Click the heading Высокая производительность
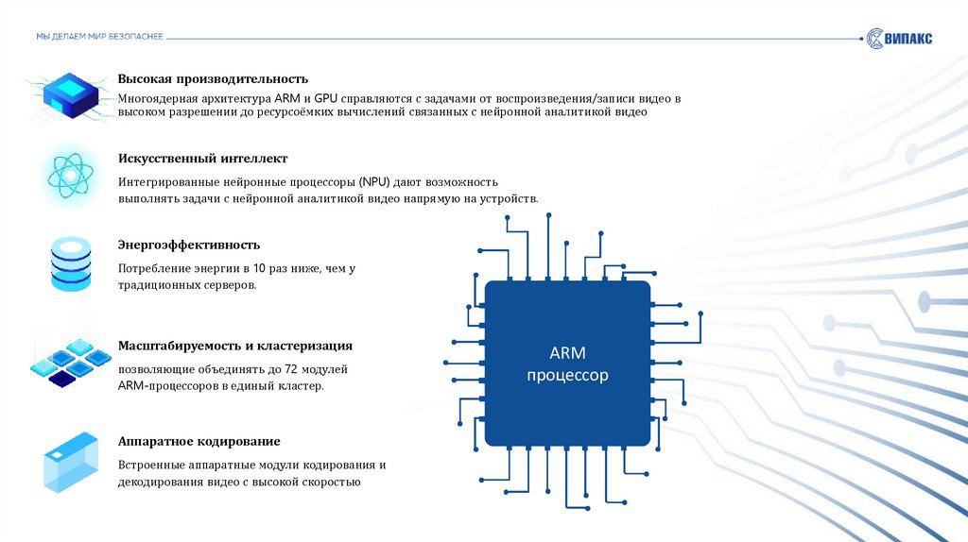pyautogui.click(x=213, y=78)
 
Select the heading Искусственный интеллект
pyautogui.click(x=202, y=159)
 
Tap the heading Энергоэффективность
pyautogui.click(x=189, y=246)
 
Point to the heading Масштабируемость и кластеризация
pyautogui.click(x=235, y=346)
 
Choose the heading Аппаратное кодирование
pyautogui.click(x=199, y=442)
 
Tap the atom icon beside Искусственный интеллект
pyautogui.click(x=68, y=173)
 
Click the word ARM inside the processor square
pyautogui.click(x=567, y=353)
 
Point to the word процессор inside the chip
pyautogui.click(x=567, y=376)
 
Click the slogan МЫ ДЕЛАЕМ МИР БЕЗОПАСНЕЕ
pyautogui.click(x=99, y=36)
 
